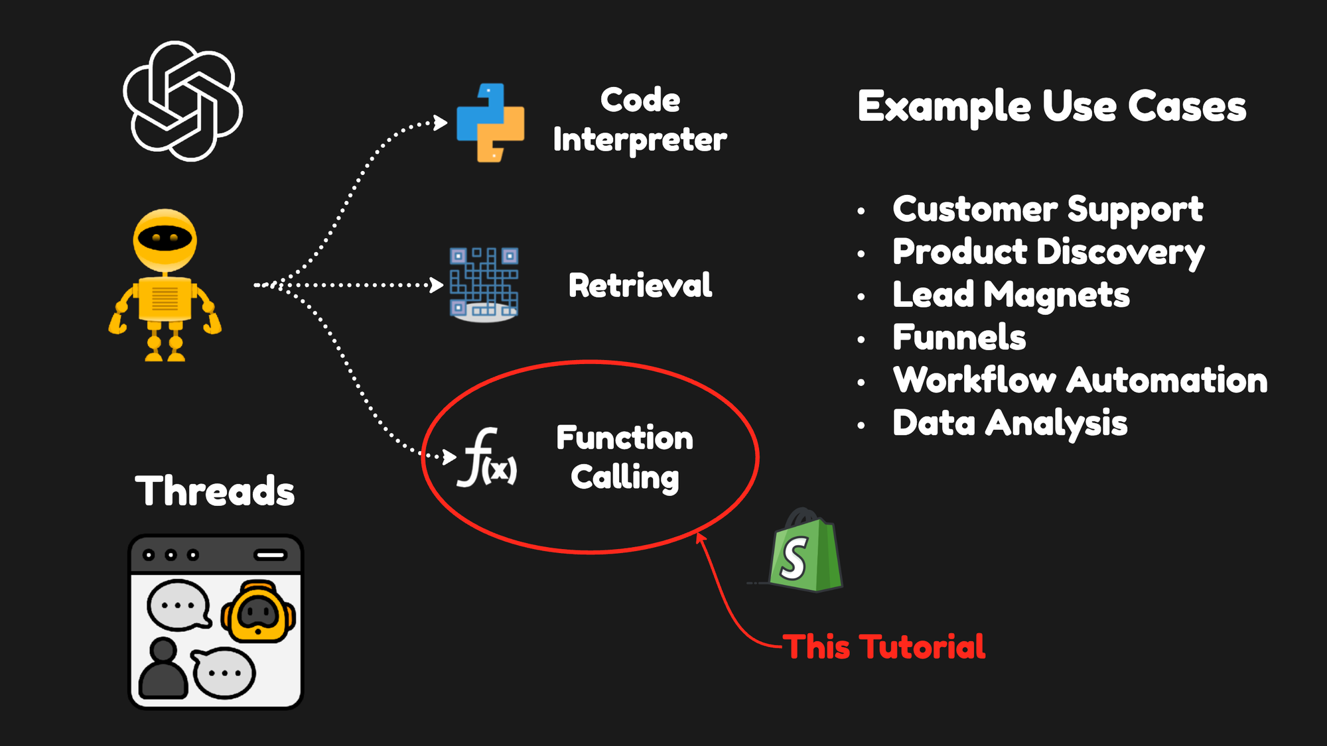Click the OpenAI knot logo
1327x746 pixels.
[182, 101]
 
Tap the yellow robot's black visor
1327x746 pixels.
[165, 237]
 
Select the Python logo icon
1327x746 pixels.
[490, 123]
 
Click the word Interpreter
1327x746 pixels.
[640, 140]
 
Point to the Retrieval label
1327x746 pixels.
[640, 286]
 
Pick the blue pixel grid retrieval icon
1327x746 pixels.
[484, 284]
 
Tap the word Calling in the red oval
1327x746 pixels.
[625, 477]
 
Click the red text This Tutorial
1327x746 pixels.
[884, 647]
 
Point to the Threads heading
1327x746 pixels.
[215, 491]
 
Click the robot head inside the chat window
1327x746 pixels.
[258, 612]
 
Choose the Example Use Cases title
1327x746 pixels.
[1052, 107]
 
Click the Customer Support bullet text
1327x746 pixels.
[1047, 210]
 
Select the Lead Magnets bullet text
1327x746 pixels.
[1011, 295]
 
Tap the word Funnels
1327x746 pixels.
[959, 338]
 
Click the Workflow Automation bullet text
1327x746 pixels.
[1080, 381]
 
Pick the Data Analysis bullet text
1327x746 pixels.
[1009, 424]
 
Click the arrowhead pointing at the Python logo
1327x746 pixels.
[440, 123]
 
